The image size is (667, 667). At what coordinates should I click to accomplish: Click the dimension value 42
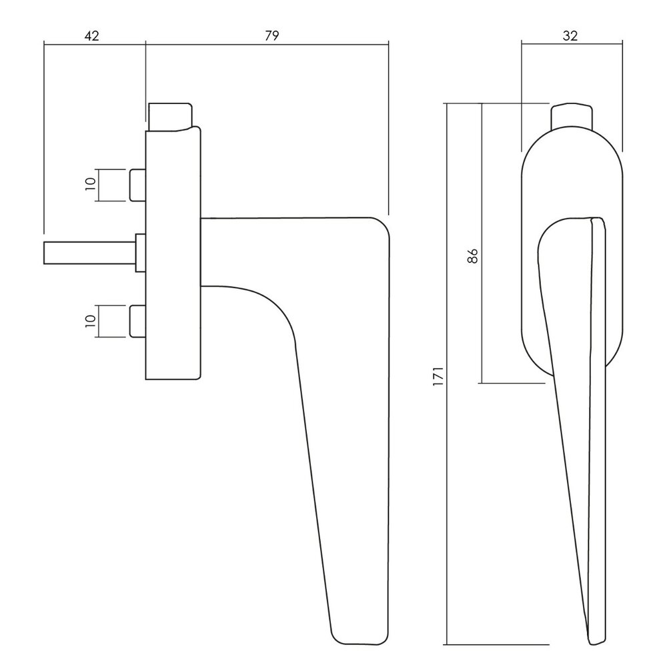point(92,36)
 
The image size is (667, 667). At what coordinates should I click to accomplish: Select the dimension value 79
point(271,36)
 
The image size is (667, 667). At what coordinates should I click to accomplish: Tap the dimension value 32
point(570,36)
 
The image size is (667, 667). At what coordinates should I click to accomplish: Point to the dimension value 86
point(472,255)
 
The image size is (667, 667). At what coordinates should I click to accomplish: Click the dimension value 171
point(438,377)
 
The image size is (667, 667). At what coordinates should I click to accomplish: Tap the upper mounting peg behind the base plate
point(137,185)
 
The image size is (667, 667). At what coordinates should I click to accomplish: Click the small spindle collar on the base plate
point(140,253)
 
